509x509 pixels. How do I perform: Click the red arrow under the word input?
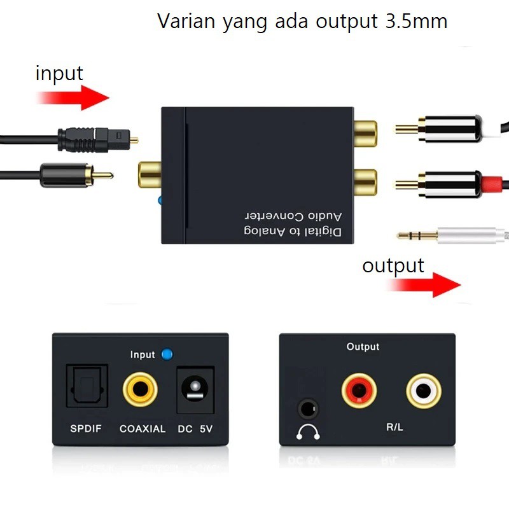click(x=73, y=98)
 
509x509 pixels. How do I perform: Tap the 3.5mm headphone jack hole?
click(x=308, y=407)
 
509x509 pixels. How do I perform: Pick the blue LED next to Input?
click(x=167, y=354)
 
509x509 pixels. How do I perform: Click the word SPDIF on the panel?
click(x=86, y=429)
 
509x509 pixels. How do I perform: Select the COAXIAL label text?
click(x=143, y=429)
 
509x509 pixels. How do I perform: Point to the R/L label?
click(x=394, y=427)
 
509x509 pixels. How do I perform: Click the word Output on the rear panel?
click(x=363, y=347)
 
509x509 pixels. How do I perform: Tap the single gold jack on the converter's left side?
click(x=149, y=174)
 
